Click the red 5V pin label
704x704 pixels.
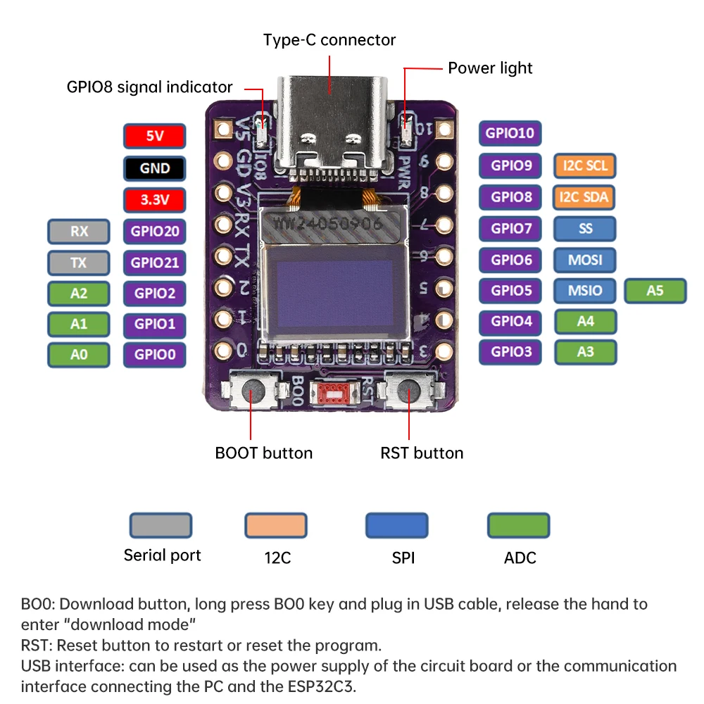point(154,136)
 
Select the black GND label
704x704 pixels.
point(154,168)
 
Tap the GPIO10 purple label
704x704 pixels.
point(511,132)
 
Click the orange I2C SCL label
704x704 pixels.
point(585,166)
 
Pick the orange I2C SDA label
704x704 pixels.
point(585,197)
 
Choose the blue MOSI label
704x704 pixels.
point(585,260)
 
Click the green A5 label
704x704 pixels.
point(655,290)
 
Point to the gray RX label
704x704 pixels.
point(79,231)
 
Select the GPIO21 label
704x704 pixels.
point(154,263)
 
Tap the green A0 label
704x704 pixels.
point(79,355)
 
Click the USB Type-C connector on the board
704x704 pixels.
point(331,123)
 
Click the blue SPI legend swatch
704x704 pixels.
point(396,525)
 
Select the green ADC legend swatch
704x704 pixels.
point(519,525)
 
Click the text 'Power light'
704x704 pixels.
point(490,68)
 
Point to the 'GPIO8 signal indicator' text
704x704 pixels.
point(149,87)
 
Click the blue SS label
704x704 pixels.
point(585,228)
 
